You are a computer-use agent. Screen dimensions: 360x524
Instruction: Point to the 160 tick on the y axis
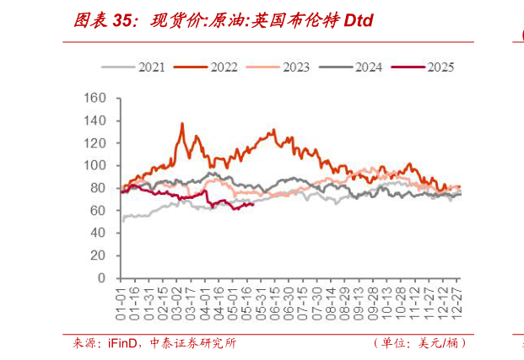95,99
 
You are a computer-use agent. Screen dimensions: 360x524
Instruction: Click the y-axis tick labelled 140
95,121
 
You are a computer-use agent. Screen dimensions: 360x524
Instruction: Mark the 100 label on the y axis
95,165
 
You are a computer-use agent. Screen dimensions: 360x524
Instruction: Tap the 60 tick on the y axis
99,210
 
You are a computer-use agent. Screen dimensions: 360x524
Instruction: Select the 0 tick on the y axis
102,277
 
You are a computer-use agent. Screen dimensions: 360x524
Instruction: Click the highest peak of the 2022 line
182,124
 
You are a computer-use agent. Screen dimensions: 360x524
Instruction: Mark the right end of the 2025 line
254,202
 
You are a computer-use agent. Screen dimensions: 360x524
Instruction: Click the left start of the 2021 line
123,220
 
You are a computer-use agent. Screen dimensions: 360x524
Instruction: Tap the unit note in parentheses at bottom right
419,343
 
